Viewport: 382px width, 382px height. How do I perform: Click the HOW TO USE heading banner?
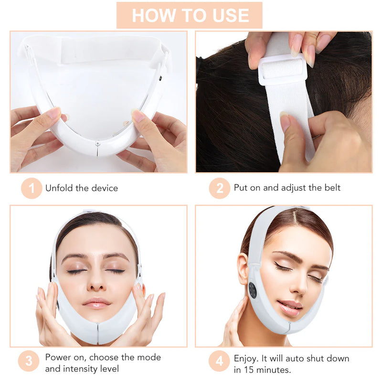tap(190, 15)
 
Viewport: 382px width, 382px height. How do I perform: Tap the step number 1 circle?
tap(32, 188)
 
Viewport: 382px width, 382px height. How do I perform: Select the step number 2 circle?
tap(219, 188)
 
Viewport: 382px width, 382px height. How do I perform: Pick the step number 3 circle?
tap(29, 361)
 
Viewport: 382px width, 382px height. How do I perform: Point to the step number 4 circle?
tap(219, 361)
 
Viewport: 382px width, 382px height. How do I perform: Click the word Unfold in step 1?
tap(59, 188)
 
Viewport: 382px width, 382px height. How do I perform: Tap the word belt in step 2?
tap(332, 188)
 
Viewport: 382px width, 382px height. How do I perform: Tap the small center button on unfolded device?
tap(98, 143)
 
